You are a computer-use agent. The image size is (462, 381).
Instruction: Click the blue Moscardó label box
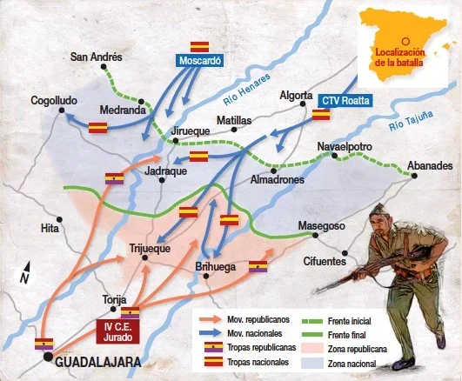coord(201,62)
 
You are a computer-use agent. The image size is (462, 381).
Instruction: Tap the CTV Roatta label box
coord(345,100)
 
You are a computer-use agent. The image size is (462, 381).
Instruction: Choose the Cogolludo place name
coord(55,101)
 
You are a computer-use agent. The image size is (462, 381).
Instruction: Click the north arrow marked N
coord(26,273)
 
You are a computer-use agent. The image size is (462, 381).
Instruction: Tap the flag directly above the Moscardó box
coord(201,45)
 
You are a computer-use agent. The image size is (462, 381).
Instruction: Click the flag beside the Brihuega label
coord(258,265)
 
